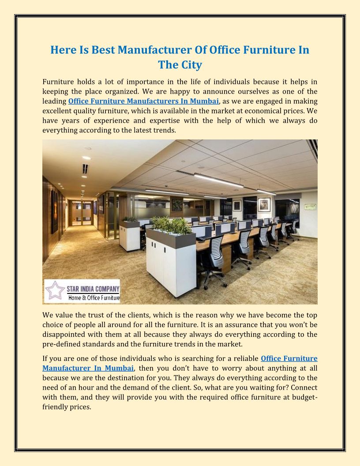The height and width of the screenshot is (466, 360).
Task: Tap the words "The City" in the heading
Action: pos(180,65)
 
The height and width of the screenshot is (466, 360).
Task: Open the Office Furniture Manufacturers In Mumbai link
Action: pos(144,101)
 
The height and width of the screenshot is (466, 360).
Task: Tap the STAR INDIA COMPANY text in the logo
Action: pos(93,289)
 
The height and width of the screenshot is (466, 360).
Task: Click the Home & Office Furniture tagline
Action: pos(94,298)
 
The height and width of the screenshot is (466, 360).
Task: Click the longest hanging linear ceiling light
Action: pos(218,180)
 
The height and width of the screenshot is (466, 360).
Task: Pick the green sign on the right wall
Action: pos(310,207)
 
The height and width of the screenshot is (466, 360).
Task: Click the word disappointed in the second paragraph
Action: pos(64,334)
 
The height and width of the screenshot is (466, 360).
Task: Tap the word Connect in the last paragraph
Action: pos(304,387)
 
